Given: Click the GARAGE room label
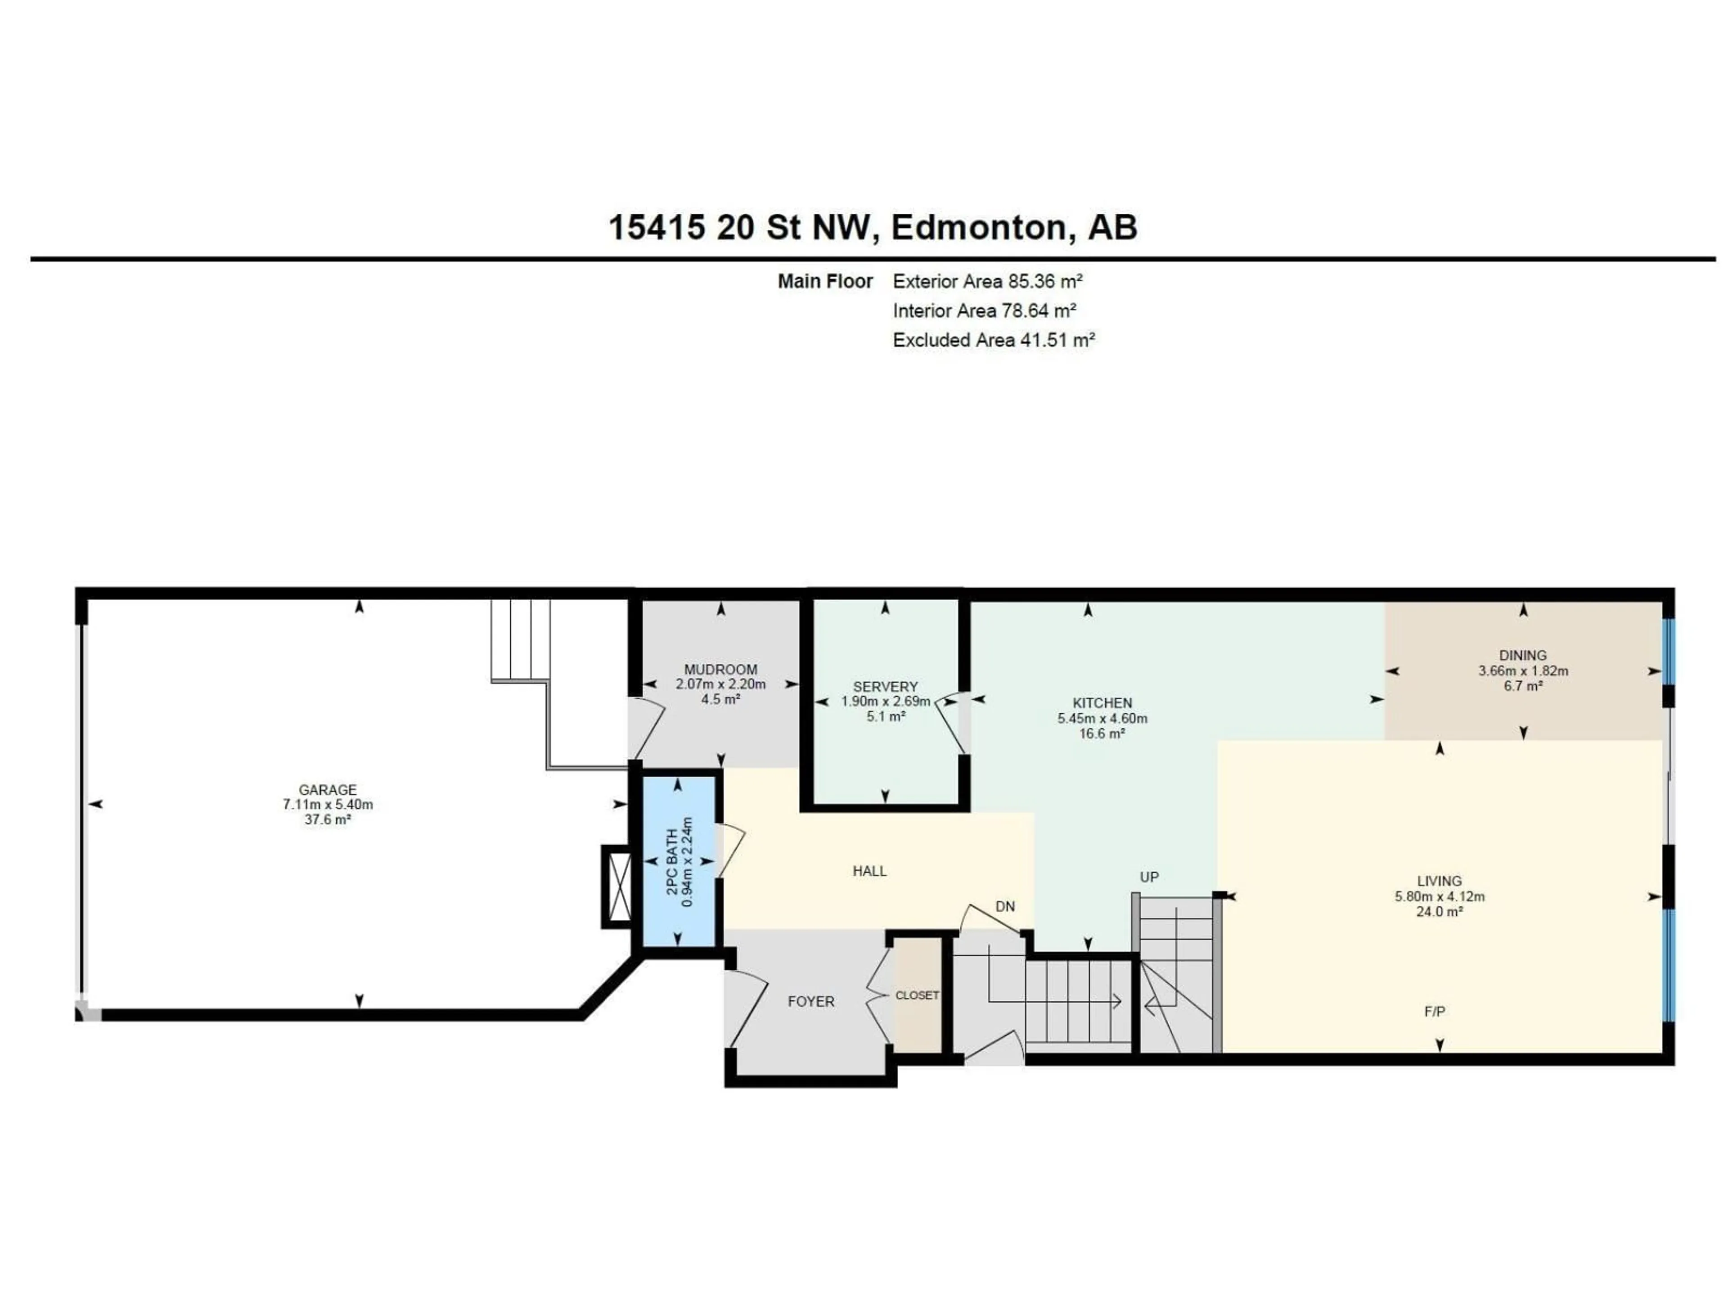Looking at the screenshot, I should tap(327, 790).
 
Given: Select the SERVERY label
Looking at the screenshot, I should tap(885, 687).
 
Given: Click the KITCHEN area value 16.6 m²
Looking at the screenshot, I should tap(1102, 733).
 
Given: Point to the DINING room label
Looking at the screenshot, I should tap(1522, 655).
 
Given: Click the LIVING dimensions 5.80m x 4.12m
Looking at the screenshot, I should tap(1439, 896).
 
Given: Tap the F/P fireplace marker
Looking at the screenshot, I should tap(1434, 1012).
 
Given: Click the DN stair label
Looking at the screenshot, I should tap(1004, 906).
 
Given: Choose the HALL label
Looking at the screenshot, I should tap(868, 871).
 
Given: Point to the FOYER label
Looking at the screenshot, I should tap(811, 1002).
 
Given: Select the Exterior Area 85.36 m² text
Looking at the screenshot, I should tap(987, 281).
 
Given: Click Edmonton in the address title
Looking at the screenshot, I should tap(978, 227).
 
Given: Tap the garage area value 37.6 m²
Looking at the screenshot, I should tap(327, 819).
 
